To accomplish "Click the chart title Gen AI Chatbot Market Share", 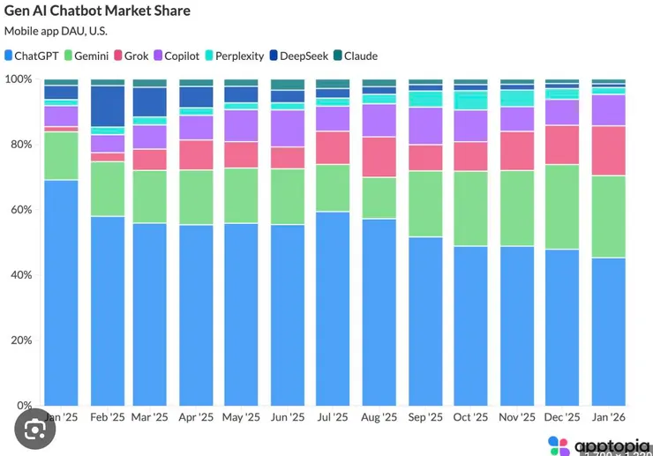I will [x=97, y=11].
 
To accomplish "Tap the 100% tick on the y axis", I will [x=19, y=79].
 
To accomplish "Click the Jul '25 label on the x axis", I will [x=333, y=417].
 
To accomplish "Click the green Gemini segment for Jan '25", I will [x=61, y=156].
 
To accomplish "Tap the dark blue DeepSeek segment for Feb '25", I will [x=107, y=106].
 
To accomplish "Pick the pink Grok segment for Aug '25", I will [x=379, y=157].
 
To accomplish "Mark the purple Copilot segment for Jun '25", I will [x=287, y=129].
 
